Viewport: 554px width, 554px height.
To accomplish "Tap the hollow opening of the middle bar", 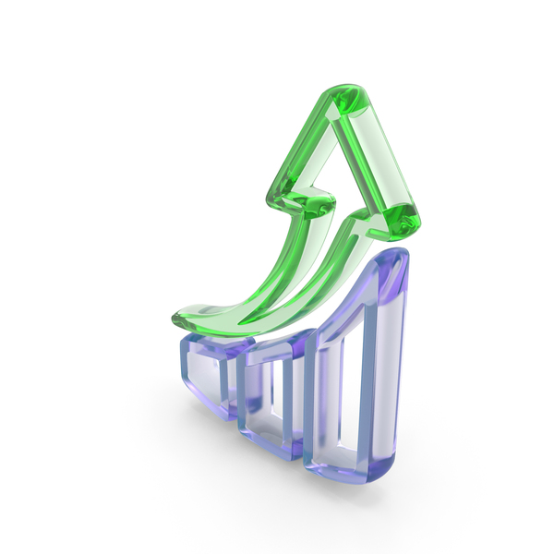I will point(271,397).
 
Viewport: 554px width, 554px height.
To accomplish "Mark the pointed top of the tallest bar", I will point(391,262).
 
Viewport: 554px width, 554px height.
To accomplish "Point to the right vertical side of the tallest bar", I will point(396,369).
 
